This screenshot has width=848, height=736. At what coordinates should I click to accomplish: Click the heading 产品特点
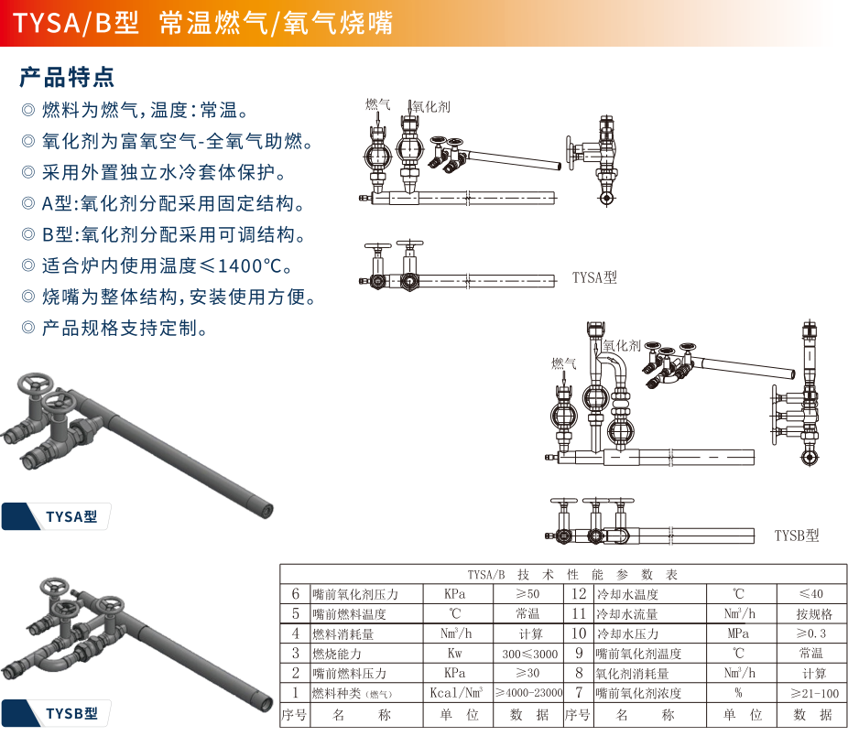click(x=67, y=77)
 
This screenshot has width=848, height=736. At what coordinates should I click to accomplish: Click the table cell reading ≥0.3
click(x=811, y=633)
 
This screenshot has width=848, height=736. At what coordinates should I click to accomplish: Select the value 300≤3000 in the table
click(x=529, y=654)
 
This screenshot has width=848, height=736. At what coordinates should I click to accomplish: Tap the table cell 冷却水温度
click(x=627, y=594)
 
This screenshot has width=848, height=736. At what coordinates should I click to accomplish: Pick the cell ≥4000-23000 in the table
click(x=529, y=693)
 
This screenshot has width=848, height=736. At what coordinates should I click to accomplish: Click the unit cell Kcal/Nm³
click(x=456, y=693)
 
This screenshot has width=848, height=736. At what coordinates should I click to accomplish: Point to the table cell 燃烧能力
click(x=336, y=654)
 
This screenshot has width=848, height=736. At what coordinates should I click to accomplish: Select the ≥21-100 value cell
click(x=814, y=693)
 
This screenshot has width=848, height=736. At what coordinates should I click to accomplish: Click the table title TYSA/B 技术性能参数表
click(x=572, y=574)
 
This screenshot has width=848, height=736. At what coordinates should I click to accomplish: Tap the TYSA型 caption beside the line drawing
click(x=594, y=277)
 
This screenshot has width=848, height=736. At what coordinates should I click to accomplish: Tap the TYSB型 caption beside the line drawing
click(x=797, y=536)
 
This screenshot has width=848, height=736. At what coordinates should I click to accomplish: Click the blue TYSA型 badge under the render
click(x=56, y=516)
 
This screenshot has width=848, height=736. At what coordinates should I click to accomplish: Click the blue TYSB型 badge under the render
click(x=56, y=713)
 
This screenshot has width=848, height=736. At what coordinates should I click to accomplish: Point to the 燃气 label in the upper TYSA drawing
click(x=377, y=104)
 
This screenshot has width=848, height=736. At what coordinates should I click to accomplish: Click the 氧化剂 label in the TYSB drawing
click(x=622, y=345)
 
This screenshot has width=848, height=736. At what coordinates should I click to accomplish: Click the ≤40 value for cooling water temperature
click(x=811, y=594)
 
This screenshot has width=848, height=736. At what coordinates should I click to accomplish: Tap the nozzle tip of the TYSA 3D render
click(x=266, y=509)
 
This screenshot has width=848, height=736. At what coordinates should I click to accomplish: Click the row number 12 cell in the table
click(x=579, y=594)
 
